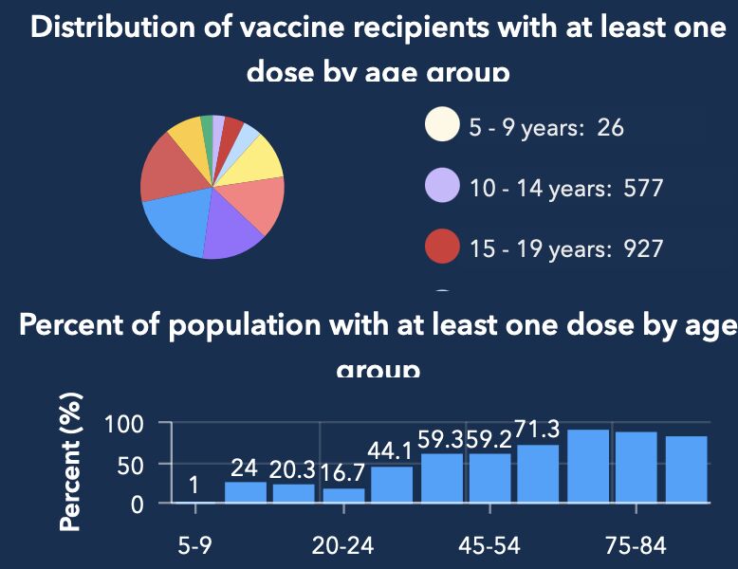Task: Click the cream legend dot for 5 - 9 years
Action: (442, 125)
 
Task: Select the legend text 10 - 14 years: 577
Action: (565, 188)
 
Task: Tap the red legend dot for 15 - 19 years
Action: (442, 248)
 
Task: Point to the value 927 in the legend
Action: (643, 248)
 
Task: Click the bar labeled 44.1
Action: (392, 484)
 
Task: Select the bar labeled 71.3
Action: (538, 473)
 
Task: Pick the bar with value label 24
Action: (246, 491)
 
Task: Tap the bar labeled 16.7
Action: (343, 494)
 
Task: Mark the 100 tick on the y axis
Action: (124, 424)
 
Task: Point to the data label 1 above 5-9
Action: (194, 486)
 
